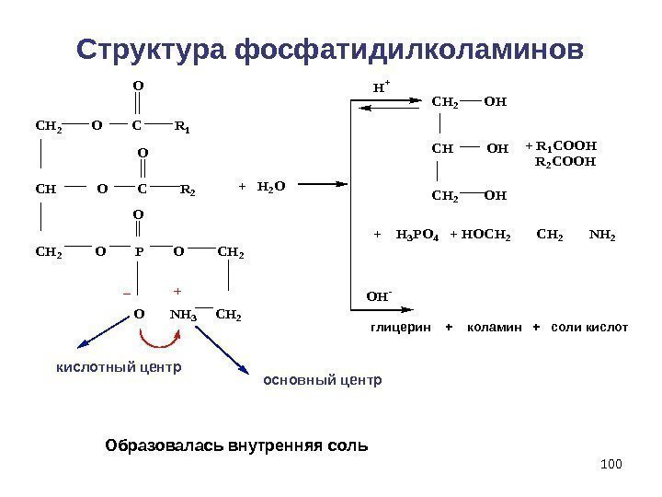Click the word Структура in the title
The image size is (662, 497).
(x=152, y=48)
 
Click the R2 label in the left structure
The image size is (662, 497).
(x=188, y=191)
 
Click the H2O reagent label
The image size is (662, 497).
(x=272, y=186)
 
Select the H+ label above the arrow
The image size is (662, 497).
(x=381, y=87)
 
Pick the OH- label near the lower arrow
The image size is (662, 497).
(x=378, y=298)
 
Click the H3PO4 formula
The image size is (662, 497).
(x=418, y=236)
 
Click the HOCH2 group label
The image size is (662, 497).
(x=486, y=236)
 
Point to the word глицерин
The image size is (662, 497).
(x=401, y=328)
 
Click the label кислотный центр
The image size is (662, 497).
(x=114, y=367)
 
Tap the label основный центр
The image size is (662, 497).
(x=322, y=379)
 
